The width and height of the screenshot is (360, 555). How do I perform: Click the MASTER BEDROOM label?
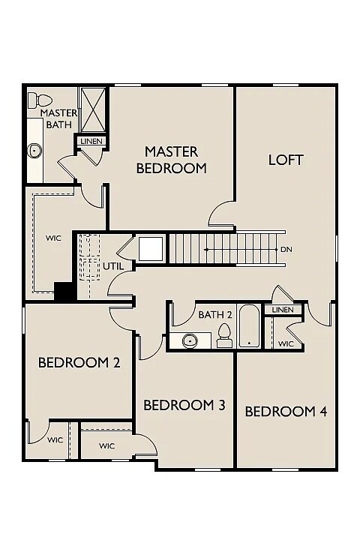pyautogui.click(x=171, y=160)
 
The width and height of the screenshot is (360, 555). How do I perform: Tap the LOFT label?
pyautogui.click(x=286, y=160)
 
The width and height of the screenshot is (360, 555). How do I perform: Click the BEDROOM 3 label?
pyautogui.click(x=184, y=406)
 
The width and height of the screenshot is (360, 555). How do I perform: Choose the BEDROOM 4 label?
pyautogui.click(x=286, y=411)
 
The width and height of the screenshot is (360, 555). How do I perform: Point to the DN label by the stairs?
pyautogui.click(x=285, y=249)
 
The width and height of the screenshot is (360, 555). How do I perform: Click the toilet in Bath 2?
pyautogui.click(x=224, y=337)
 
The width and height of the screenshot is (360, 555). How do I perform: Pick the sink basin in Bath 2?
pyautogui.click(x=188, y=341)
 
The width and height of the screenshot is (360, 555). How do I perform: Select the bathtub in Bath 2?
pyautogui.click(x=249, y=327)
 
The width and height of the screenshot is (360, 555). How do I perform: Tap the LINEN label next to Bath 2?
pyautogui.click(x=283, y=310)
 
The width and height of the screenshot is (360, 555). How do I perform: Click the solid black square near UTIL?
pyautogui.click(x=65, y=291)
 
